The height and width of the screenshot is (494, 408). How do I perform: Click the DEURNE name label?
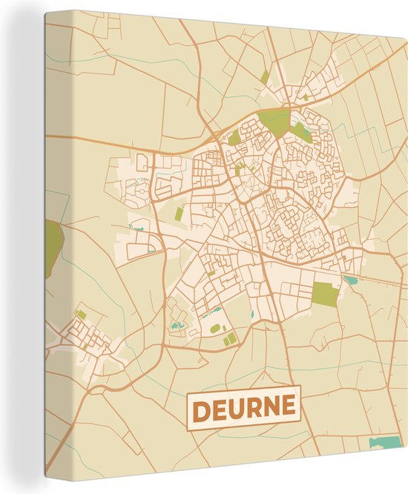[x=243, y=407]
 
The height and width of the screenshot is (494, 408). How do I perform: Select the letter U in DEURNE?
[x=236, y=408]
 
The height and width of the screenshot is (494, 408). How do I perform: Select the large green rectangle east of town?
[x=324, y=294]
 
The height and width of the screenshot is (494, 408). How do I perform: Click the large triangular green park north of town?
[x=274, y=121]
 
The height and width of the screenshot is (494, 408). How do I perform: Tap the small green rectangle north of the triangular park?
[x=265, y=77]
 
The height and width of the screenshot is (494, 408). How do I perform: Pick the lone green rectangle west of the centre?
[x=179, y=214]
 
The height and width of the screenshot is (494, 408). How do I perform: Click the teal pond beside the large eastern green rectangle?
[x=349, y=280]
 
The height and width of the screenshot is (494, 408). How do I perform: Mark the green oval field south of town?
[x=215, y=327]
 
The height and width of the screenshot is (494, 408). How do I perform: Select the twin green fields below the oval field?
[x=230, y=339]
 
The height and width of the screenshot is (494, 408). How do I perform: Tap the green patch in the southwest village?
[x=81, y=314]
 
